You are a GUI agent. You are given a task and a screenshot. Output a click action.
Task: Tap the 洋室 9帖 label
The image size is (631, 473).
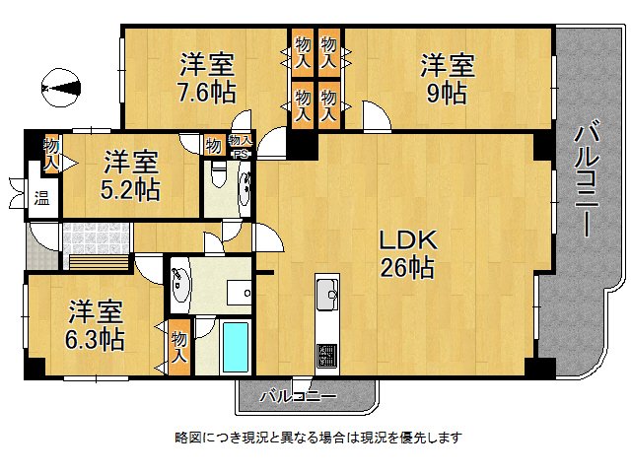click(x=448, y=79)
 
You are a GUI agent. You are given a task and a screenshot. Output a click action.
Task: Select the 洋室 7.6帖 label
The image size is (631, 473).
click(x=206, y=79)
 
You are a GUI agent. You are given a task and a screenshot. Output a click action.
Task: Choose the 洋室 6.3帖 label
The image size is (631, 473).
click(x=96, y=326)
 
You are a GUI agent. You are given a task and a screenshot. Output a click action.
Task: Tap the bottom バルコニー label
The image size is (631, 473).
click(x=298, y=397)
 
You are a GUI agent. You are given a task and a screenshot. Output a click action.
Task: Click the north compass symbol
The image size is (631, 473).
click(x=61, y=90)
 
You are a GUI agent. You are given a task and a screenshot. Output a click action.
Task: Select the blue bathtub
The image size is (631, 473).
click(x=236, y=347)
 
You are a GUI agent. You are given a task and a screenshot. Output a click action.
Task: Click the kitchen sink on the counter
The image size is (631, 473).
click(x=327, y=292)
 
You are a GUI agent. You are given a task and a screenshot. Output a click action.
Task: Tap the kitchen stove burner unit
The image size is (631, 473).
click(x=327, y=355)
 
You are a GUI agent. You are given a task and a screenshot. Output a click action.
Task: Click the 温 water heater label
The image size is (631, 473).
click(x=42, y=197)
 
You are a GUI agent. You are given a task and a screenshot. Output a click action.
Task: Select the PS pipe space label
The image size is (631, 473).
click(x=240, y=154)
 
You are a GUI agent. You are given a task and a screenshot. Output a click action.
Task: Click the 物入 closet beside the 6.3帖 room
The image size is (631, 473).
click(x=178, y=345)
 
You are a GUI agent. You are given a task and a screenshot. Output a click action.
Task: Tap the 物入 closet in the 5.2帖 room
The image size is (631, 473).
click(x=50, y=153)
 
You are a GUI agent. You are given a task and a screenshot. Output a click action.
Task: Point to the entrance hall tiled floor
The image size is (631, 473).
click(x=96, y=237)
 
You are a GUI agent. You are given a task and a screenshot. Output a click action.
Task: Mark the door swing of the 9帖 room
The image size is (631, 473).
click(x=375, y=118)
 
